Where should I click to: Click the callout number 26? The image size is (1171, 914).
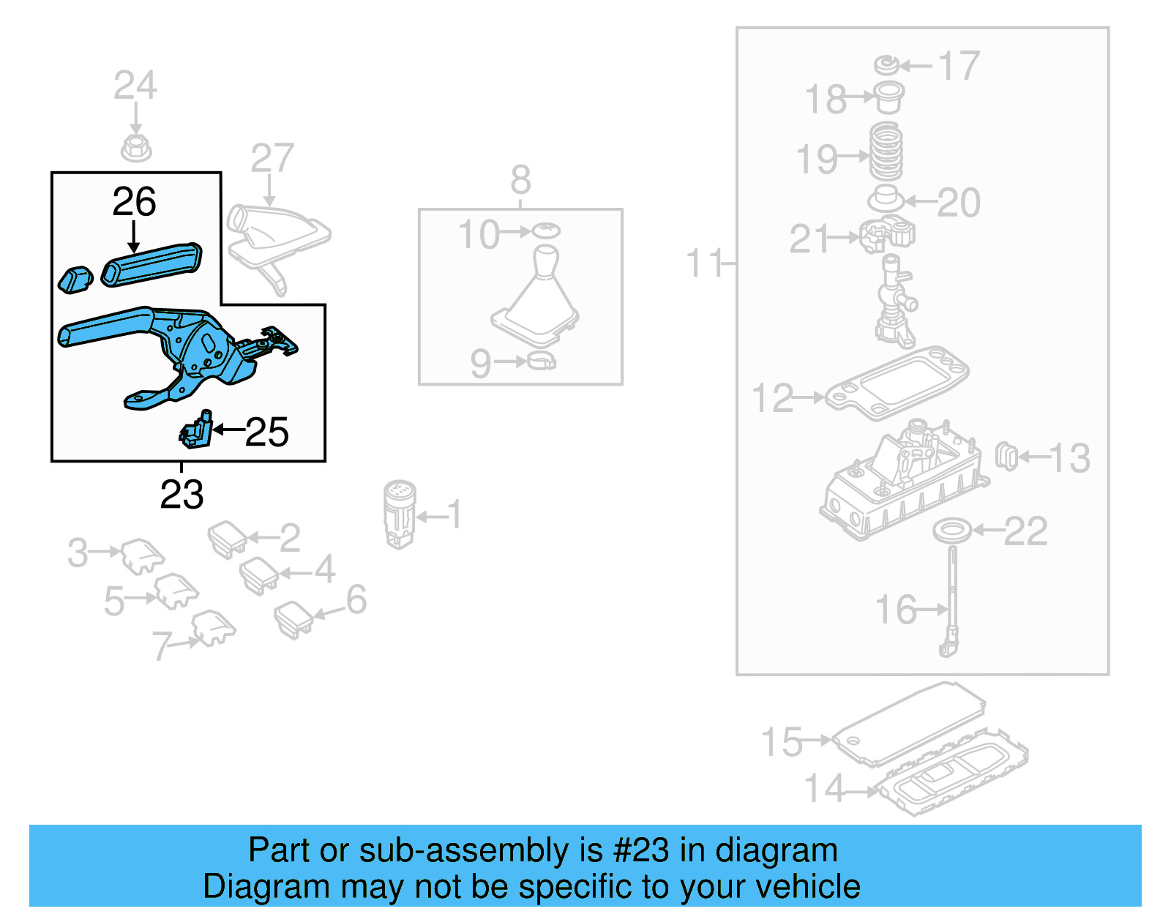coord(134,201)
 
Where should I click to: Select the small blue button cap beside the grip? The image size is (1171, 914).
coord(75,280)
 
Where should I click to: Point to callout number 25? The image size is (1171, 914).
coord(266,432)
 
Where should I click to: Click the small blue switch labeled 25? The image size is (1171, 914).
coord(196,430)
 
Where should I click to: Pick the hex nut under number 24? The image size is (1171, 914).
coord(135,147)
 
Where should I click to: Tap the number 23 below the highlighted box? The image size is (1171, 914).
coord(182,495)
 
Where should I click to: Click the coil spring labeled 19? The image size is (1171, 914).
coord(886,152)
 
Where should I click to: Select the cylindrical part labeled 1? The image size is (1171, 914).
coord(399,512)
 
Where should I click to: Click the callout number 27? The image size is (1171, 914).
coord(272,158)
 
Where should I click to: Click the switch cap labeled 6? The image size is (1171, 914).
coord(293,618)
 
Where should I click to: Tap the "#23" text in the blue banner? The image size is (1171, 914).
coord(640,850)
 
